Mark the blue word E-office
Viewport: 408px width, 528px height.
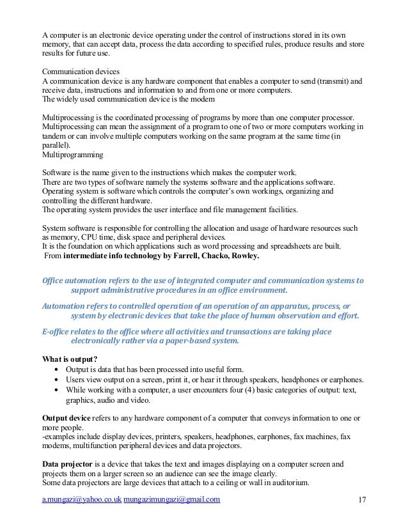pyautogui.click(x=56, y=331)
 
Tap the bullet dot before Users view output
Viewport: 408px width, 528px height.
pyautogui.click(x=58, y=379)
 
